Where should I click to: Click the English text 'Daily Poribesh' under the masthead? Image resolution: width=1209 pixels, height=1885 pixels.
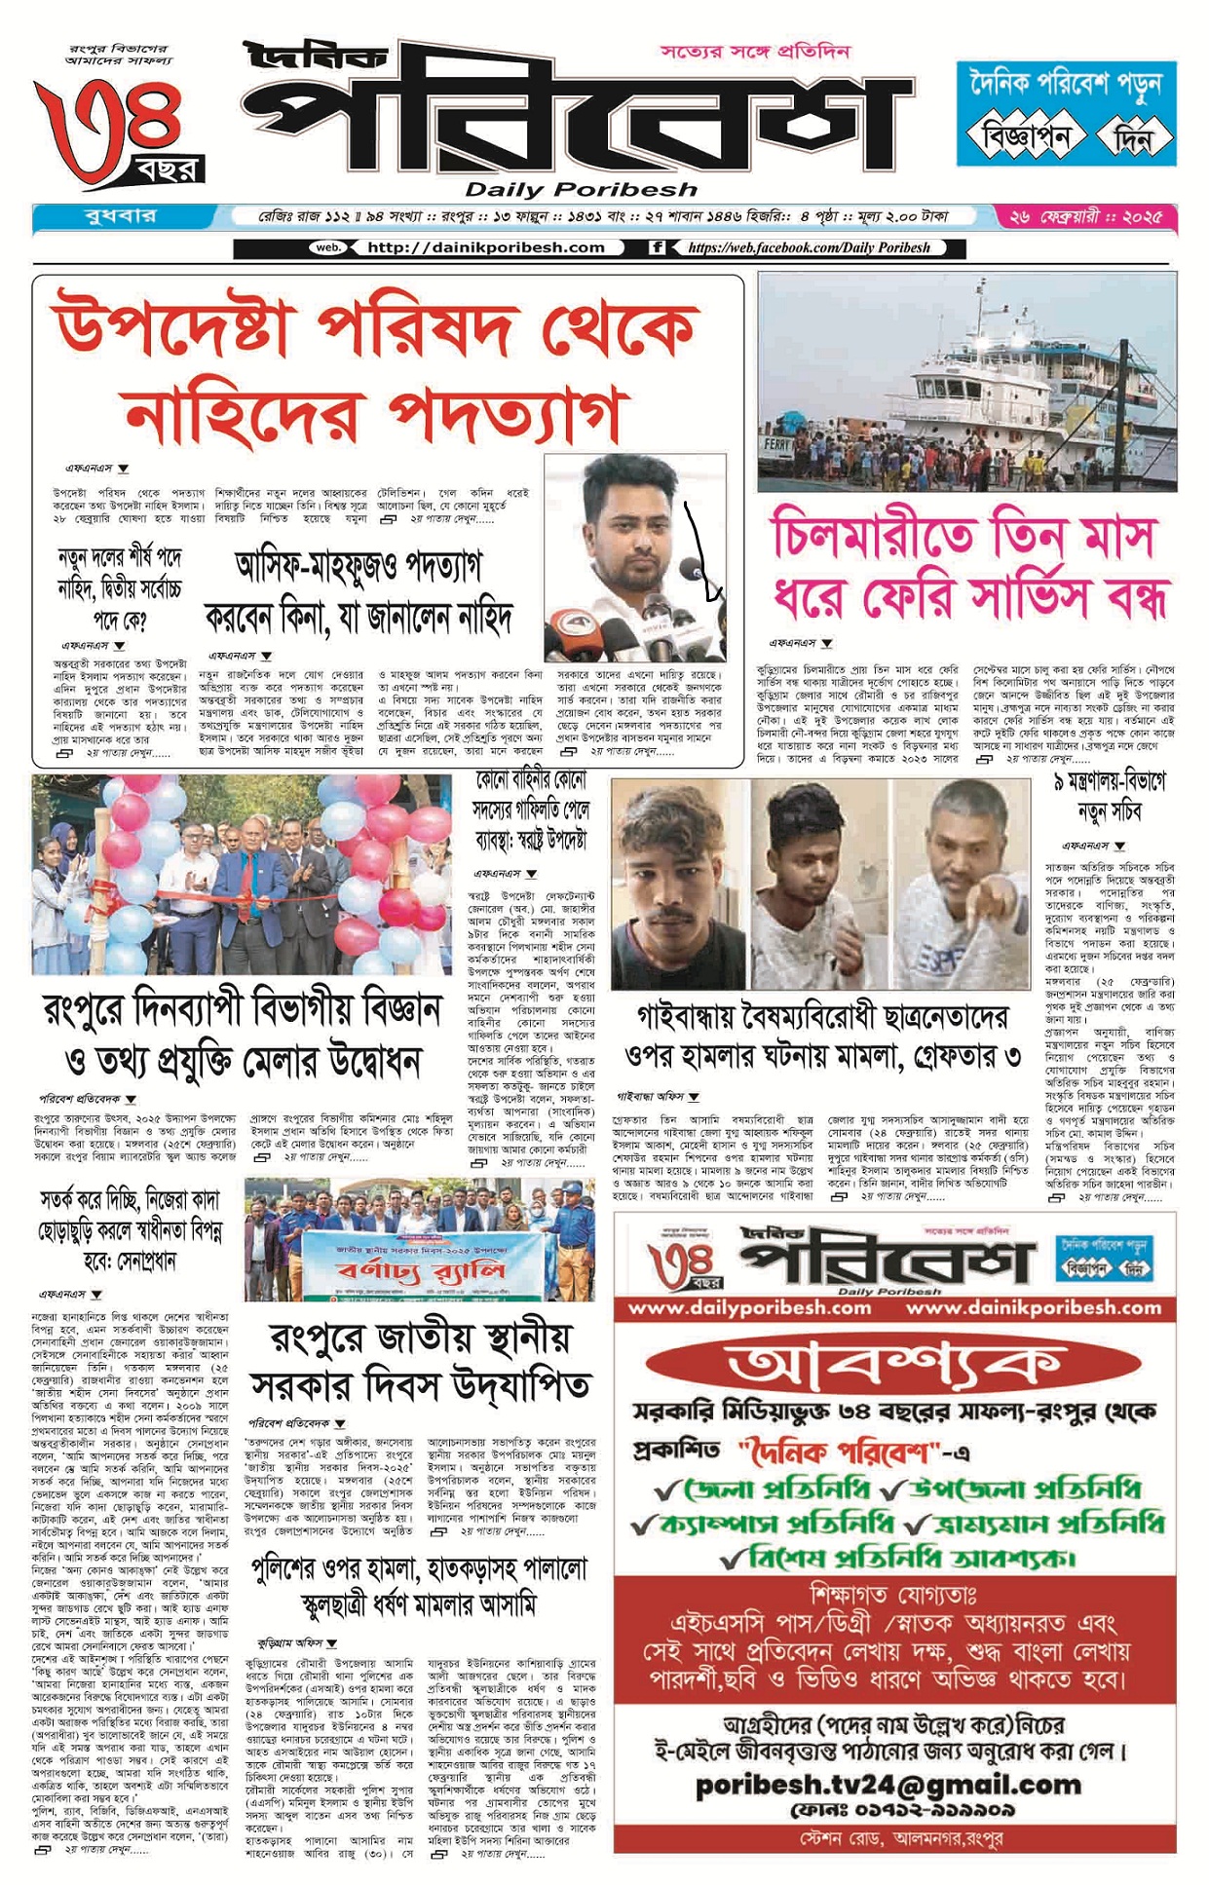pos(581,189)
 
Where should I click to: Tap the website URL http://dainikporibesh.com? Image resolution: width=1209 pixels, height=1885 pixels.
pos(485,247)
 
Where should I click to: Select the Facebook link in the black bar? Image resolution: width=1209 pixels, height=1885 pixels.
pos(808,247)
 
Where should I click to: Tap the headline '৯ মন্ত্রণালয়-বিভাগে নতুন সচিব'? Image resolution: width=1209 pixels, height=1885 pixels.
pos(1109,796)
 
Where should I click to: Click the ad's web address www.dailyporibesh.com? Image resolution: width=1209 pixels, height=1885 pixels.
pos(749,1307)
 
